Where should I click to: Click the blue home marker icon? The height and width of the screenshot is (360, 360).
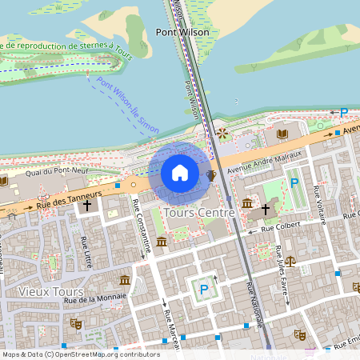coord(180,173)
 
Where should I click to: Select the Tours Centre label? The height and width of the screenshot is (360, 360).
coord(198,214)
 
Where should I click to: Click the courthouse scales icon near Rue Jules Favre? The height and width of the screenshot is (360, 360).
coord(290,261)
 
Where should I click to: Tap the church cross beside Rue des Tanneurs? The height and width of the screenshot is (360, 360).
coord(87,206)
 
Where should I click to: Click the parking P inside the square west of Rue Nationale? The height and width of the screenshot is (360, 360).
coord(204,289)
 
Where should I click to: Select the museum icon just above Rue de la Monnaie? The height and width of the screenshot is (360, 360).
coord(125,280)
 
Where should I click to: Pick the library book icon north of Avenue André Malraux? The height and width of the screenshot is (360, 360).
coord(282,134)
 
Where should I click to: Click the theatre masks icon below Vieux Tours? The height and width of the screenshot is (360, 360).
coord(76,323)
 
